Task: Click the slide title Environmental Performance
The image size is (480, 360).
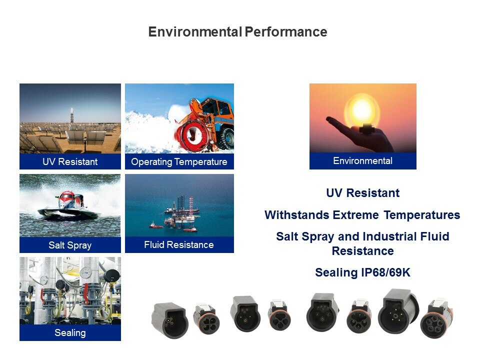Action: pos(238,32)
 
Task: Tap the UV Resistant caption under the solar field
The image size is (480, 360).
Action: pos(70,161)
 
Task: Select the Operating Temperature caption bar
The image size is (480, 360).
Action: pos(179,161)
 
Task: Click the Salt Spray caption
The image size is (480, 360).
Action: pos(70,245)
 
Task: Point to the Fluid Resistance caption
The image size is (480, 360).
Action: pos(179,245)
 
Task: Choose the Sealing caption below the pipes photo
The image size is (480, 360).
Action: pos(70,333)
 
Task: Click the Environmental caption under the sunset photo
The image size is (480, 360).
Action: pos(363,160)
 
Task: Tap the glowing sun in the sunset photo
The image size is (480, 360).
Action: pos(362,111)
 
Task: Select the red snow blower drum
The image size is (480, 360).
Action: pos(192,135)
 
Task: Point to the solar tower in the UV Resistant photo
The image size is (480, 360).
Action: pos(72,115)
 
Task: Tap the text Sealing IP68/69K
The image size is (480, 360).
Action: pos(363,272)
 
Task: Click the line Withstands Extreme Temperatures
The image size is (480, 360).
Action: pos(362,215)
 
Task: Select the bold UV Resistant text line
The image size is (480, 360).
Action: pos(363,193)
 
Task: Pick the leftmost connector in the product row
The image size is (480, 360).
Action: pos(169,320)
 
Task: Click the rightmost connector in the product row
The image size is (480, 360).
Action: pos(437,319)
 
